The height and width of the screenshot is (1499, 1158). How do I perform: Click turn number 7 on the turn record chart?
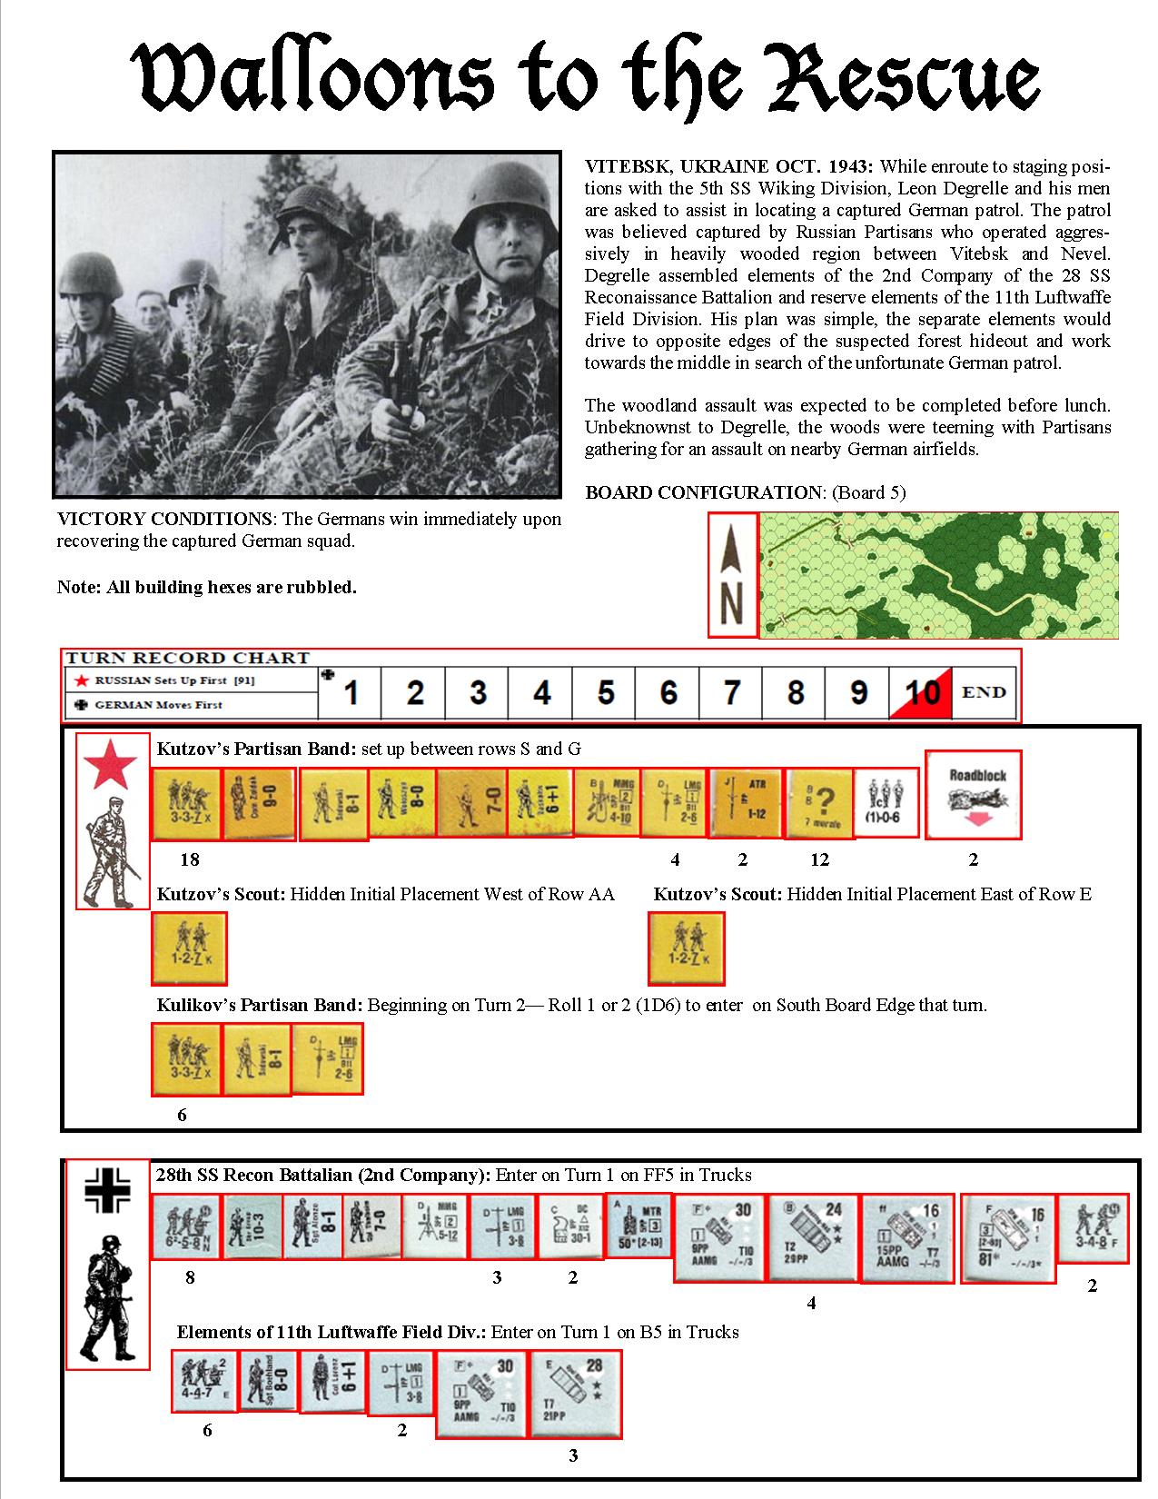[x=731, y=692]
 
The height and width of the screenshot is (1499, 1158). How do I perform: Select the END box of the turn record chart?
[x=984, y=692]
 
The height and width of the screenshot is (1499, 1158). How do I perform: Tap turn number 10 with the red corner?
[x=921, y=692]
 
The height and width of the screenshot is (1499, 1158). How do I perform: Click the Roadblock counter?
[x=973, y=794]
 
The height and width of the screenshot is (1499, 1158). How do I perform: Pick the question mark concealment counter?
[x=819, y=802]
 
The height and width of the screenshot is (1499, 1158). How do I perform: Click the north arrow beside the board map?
[x=732, y=574]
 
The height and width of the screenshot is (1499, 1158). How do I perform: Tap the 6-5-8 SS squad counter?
[x=185, y=1226]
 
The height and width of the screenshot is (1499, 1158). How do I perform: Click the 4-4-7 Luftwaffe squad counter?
[x=203, y=1380]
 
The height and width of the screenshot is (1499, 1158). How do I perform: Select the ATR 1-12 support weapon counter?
[x=747, y=802]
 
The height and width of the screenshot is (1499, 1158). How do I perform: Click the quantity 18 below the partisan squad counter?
[x=189, y=859]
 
